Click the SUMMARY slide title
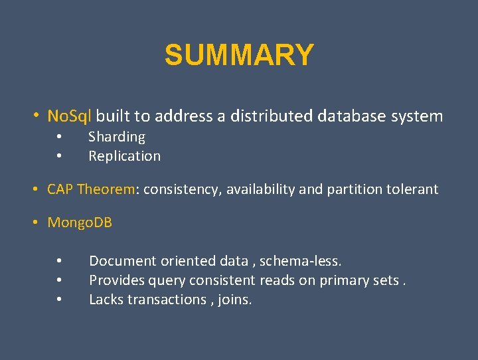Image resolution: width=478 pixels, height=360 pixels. [x=239, y=55]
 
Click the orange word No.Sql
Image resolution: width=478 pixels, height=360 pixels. [x=70, y=116]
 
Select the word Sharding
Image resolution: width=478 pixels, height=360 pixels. [x=117, y=137]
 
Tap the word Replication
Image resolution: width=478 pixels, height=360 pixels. [x=124, y=156]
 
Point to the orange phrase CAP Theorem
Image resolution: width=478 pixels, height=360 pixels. [x=91, y=189]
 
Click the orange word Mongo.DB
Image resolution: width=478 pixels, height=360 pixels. [x=80, y=223]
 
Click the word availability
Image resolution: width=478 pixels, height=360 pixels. [x=261, y=189]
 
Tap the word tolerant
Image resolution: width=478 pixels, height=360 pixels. [x=414, y=189]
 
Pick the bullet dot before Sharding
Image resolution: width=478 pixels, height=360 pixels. [x=59, y=137]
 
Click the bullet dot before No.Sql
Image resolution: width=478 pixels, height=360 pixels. [x=37, y=116]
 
